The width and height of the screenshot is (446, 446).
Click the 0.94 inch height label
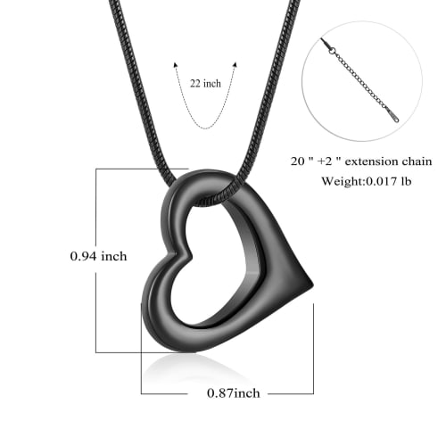coord(98,256)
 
